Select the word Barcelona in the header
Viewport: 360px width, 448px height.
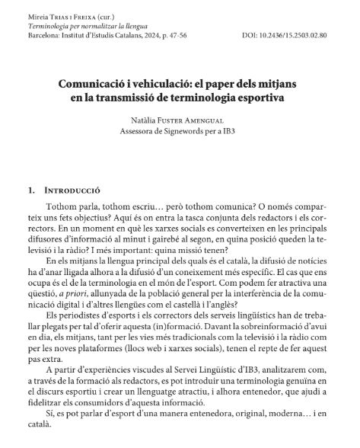tap(44, 36)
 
